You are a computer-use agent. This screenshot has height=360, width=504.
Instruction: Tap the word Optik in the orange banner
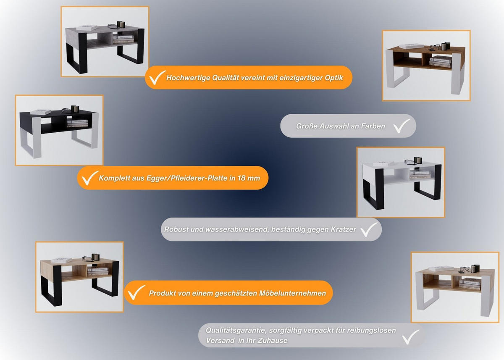[333, 78]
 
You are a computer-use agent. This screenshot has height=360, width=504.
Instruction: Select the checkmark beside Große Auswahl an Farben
[402, 126]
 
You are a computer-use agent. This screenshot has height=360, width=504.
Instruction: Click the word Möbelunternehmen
[292, 293]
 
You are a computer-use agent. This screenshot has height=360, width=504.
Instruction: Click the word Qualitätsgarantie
[236, 331]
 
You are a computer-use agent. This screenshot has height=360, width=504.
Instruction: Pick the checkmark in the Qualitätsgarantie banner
[410, 337]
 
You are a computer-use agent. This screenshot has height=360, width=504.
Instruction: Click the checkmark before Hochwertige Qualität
[157, 78]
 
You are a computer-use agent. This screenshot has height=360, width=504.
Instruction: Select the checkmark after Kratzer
[369, 229]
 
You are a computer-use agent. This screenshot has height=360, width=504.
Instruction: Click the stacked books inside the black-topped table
[78, 124]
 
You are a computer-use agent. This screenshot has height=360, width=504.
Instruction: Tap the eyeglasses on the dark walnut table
[435, 47]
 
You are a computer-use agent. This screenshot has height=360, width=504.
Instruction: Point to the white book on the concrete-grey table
[87, 28]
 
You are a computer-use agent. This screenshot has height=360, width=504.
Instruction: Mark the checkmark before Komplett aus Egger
[90, 178]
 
